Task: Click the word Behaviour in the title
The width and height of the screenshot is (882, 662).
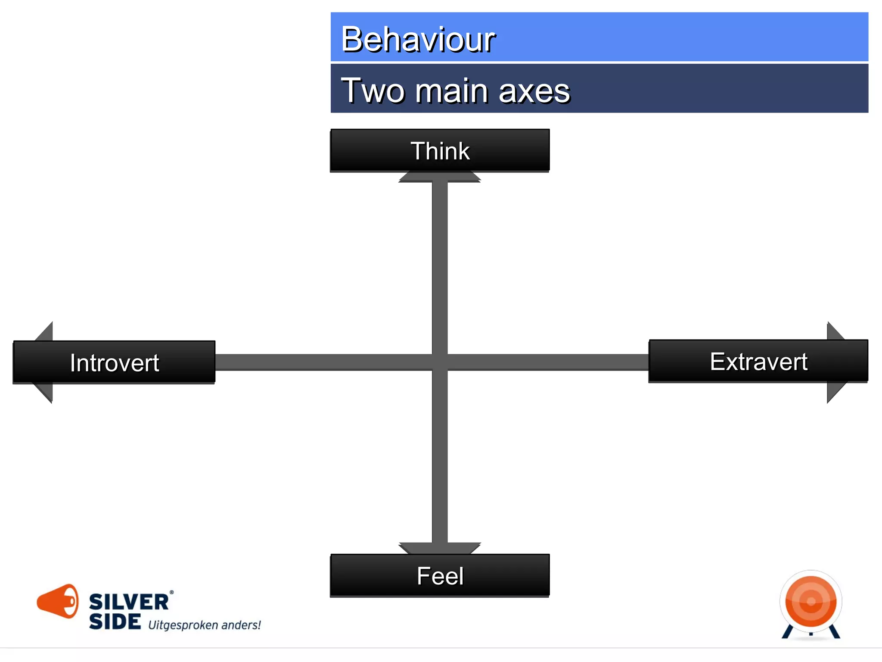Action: (x=418, y=40)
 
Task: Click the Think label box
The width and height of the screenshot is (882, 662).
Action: (x=440, y=150)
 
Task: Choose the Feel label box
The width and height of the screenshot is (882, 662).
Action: (x=440, y=576)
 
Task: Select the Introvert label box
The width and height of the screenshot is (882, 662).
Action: (x=114, y=362)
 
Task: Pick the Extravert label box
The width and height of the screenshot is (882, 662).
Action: (x=758, y=361)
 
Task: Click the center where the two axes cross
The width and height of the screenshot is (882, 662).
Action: (x=440, y=362)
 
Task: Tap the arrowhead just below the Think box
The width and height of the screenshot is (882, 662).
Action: (x=440, y=177)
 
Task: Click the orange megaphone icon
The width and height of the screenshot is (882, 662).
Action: (x=58, y=601)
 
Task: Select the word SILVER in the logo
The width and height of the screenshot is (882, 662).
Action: (x=128, y=602)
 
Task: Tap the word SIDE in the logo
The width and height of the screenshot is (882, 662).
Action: (x=115, y=621)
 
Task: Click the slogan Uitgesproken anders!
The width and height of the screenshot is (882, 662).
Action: (x=205, y=625)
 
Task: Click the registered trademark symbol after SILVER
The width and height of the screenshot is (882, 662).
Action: (x=171, y=593)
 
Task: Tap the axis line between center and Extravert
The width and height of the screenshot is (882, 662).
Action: (x=547, y=362)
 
